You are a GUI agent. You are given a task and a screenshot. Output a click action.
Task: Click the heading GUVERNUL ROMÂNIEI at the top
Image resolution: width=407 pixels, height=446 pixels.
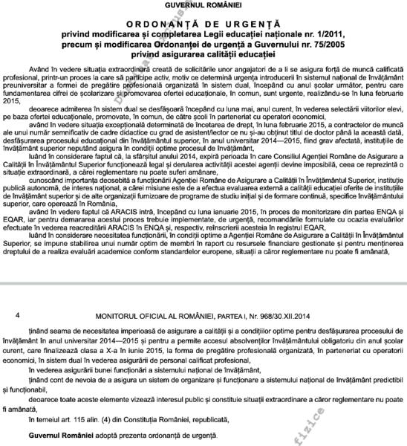tap(203, 6)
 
